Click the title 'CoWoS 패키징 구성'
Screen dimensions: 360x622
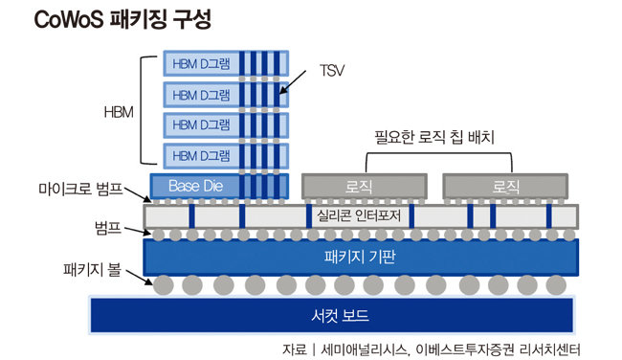point(122,19)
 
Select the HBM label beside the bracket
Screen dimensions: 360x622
point(118,110)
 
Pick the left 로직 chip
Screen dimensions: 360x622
point(364,185)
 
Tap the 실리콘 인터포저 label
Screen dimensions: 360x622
point(360,215)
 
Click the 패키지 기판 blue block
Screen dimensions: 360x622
point(362,257)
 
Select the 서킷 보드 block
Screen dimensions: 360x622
point(332,315)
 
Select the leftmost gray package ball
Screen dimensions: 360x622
point(164,285)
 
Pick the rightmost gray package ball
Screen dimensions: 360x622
point(556,285)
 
